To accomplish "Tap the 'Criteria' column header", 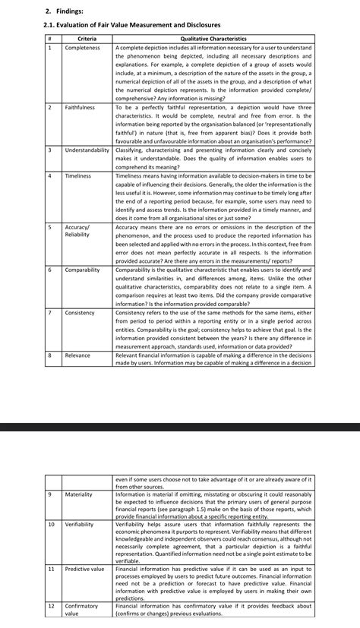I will click(87, 39).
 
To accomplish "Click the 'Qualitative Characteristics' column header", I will click(213, 39).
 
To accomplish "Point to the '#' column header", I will click(49, 39).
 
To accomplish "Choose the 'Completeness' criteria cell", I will click(82, 48).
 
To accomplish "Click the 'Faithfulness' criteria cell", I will click(80, 108).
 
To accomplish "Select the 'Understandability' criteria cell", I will click(87, 150).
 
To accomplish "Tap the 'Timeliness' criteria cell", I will click(77, 176).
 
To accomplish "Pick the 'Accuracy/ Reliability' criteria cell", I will click(77, 231).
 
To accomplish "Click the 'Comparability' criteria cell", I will click(82, 270).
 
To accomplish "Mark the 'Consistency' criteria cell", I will click(80, 313).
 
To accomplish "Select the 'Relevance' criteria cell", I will click(77, 355).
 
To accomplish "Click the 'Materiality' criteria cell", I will click(78, 494).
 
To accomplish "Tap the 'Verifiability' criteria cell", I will click(80, 524).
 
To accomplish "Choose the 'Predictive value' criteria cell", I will click(84, 568).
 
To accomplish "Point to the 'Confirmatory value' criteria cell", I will click(81, 610).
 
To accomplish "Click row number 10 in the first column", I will click(51, 524).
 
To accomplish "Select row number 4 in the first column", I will click(49, 176).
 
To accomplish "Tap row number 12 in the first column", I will click(51, 606).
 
